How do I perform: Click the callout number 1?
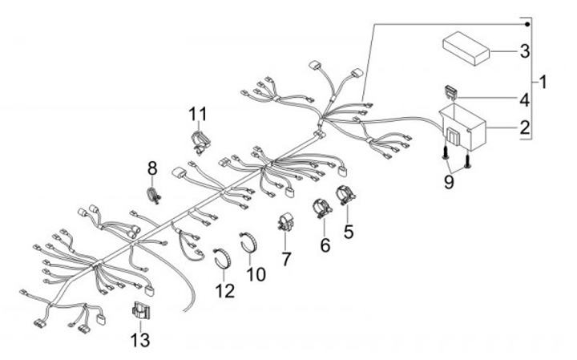[543, 81]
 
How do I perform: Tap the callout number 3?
[524, 53]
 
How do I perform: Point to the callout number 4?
[523, 101]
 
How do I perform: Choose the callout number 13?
[139, 339]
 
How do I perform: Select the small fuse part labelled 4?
[452, 92]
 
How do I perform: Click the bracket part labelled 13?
[139, 311]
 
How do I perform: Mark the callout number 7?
[286, 261]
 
